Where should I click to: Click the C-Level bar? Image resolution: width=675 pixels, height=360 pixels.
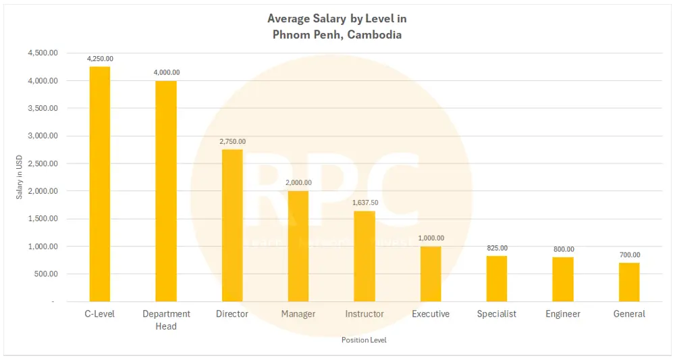click(x=100, y=184)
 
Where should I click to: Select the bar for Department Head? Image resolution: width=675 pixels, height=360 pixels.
click(x=166, y=191)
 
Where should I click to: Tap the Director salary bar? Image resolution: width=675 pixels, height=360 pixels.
click(x=232, y=226)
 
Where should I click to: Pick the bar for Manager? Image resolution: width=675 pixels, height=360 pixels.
click(x=298, y=246)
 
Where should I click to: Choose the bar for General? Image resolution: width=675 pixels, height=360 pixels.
click(x=629, y=282)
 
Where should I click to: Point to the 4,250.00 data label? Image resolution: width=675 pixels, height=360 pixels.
click(x=100, y=59)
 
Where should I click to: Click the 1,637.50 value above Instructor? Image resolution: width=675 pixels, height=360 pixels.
click(x=364, y=203)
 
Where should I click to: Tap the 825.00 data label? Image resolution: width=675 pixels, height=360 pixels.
click(x=497, y=248)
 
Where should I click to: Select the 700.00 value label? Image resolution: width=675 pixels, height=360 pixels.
click(x=629, y=255)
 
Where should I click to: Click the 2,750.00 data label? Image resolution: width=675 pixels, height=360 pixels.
click(x=232, y=141)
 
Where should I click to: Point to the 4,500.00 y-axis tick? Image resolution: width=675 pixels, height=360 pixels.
click(x=42, y=53)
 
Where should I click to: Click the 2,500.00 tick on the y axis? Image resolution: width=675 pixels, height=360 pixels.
click(x=42, y=163)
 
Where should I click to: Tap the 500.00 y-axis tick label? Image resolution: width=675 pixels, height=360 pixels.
click(x=45, y=274)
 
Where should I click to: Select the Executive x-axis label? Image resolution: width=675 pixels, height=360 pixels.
click(x=431, y=314)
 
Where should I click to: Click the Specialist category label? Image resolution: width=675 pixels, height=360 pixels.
click(x=497, y=314)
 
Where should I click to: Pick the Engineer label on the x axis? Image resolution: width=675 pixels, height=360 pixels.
click(x=563, y=314)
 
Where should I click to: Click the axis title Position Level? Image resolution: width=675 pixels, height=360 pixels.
click(x=364, y=340)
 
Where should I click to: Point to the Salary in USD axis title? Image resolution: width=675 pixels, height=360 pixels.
click(x=20, y=177)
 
